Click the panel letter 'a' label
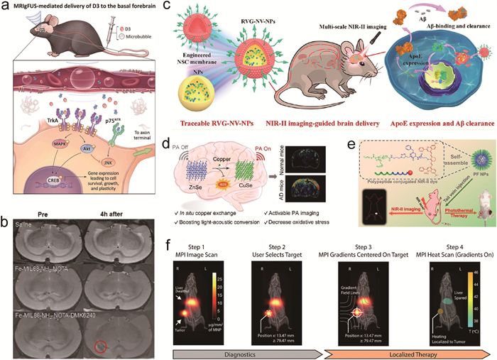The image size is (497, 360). coord(6,7)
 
